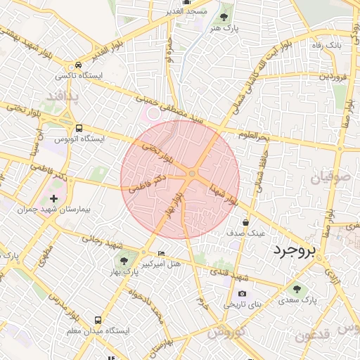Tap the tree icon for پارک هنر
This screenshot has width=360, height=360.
[x=224, y=15]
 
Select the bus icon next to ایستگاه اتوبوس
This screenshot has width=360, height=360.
[x=79, y=128]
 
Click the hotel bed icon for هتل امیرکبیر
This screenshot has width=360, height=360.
[x=162, y=254]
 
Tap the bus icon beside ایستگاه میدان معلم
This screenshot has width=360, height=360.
[x=97, y=320]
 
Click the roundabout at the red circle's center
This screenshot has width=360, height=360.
[x=191, y=174]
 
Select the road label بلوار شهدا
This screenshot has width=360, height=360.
[x=223, y=191]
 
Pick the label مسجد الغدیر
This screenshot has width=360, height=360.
[x=180, y=11]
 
